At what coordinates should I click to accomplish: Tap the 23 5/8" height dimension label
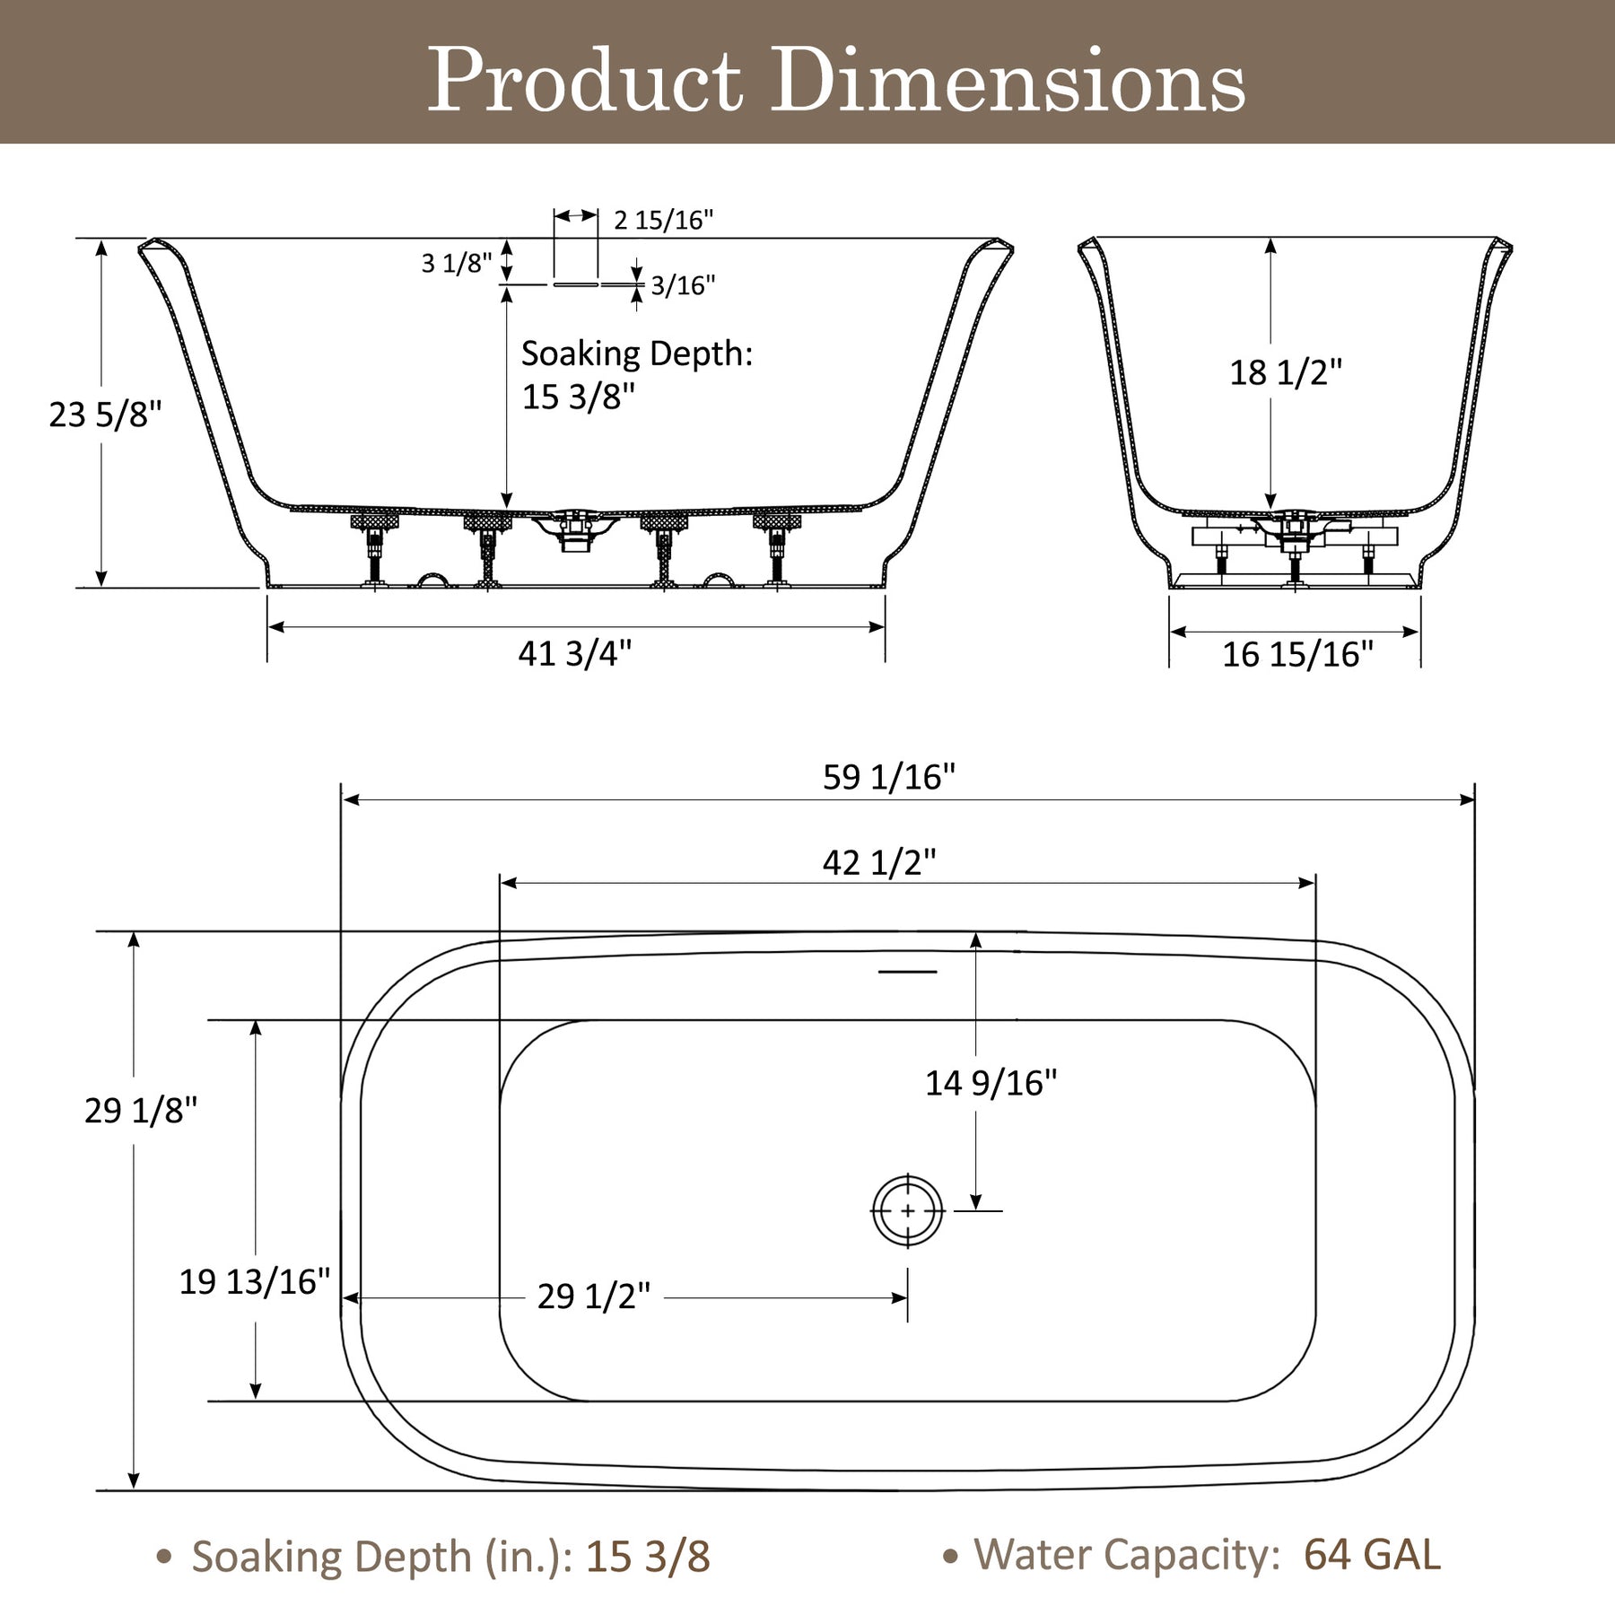(106, 415)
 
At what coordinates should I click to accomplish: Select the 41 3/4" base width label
(575, 653)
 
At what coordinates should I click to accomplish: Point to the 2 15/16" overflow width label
(664, 220)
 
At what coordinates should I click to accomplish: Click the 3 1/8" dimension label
(458, 263)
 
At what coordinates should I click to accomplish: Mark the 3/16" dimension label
(684, 285)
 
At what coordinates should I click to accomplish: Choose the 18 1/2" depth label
(1286, 372)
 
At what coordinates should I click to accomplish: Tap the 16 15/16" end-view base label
(1297, 654)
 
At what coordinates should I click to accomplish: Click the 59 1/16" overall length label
(889, 776)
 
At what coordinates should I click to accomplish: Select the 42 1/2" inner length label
(879, 862)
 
